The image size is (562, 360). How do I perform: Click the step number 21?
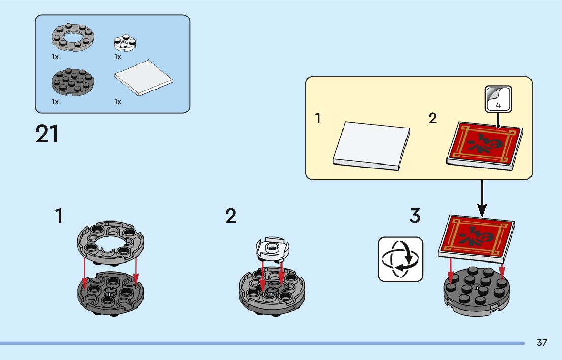pos(47,134)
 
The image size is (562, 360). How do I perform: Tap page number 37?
pos(542,343)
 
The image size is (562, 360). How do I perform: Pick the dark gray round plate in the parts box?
pos(73,81)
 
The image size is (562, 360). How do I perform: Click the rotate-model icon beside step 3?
pos(400,259)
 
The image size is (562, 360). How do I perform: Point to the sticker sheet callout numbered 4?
pos(498,99)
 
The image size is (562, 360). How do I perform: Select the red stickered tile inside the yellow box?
pos(485,144)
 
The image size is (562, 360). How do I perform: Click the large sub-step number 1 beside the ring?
pos(59,216)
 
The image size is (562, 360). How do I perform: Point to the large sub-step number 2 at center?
pos(231,216)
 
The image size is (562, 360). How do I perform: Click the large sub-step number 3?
pos(415,216)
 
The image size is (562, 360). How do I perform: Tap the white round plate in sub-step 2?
pos(271,249)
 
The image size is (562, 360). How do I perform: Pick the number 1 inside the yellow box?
pos(318,119)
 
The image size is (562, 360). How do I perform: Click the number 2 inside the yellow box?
pos(432,119)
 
